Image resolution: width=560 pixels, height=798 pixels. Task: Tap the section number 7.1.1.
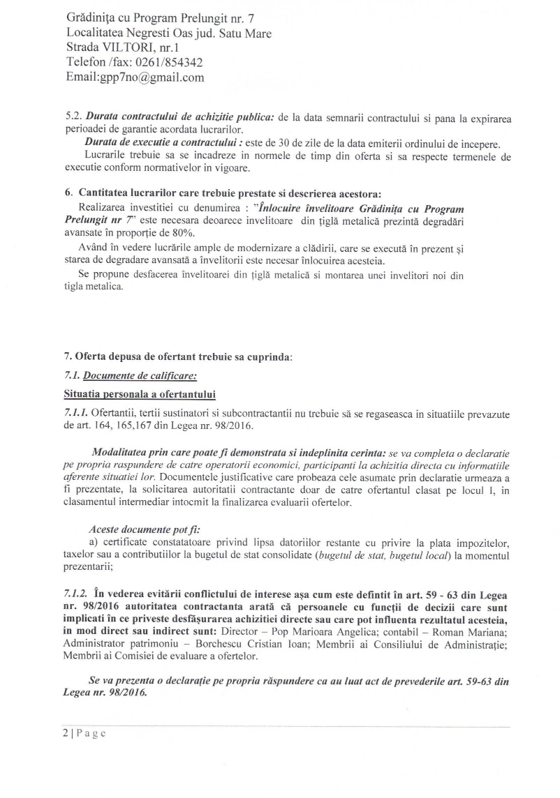pos(75,414)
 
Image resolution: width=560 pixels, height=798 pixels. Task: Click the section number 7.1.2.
pos(75,594)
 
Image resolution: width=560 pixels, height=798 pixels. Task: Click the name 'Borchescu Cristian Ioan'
pos(219,645)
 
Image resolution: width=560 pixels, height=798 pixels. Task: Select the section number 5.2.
pos(73,119)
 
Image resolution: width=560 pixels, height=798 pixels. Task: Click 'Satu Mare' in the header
pos(246,32)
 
